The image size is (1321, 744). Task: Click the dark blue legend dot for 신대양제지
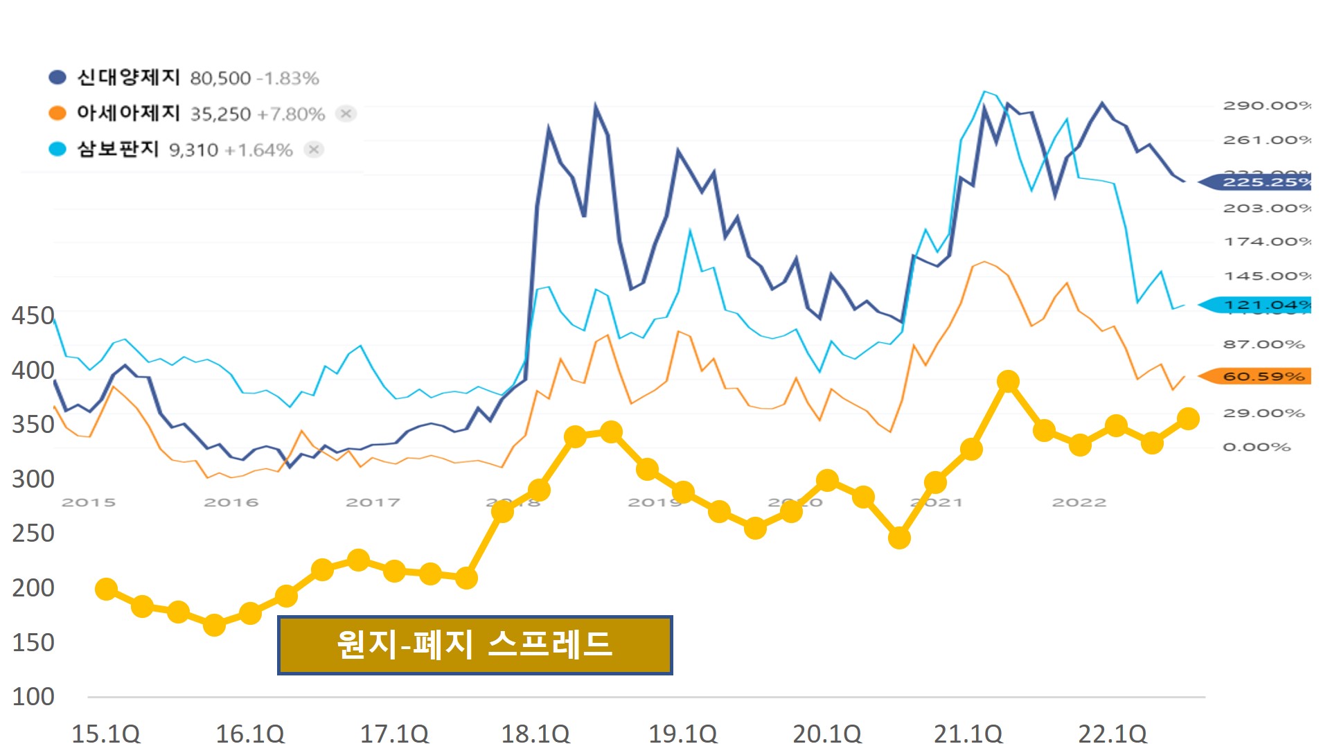tap(57, 78)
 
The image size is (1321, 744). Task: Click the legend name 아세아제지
tap(128, 113)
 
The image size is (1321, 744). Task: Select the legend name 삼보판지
tap(118, 149)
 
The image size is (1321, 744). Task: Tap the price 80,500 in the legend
tap(220, 78)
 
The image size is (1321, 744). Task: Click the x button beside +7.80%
tap(346, 113)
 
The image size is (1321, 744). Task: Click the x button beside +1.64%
tap(314, 149)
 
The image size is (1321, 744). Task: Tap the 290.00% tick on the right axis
tap(1266, 105)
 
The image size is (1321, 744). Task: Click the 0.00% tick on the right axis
tap(1256, 447)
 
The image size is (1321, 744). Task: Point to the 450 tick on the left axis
tap(33, 316)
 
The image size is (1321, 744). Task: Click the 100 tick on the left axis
tap(33, 696)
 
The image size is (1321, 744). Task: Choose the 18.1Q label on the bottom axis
tap(535, 732)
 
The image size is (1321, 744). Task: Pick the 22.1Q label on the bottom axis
tap(1112, 732)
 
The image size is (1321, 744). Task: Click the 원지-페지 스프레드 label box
tap(475, 645)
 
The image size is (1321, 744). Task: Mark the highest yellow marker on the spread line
tap(1008, 381)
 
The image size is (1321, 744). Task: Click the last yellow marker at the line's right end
tap(1188, 418)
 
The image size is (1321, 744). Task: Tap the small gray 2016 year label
tap(231, 502)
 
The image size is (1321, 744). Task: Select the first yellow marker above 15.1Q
tap(106, 589)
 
